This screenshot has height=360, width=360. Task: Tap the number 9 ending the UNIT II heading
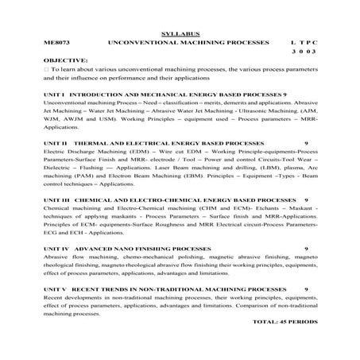click(x=306, y=143)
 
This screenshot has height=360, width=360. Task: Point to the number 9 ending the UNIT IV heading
click(x=306, y=248)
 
